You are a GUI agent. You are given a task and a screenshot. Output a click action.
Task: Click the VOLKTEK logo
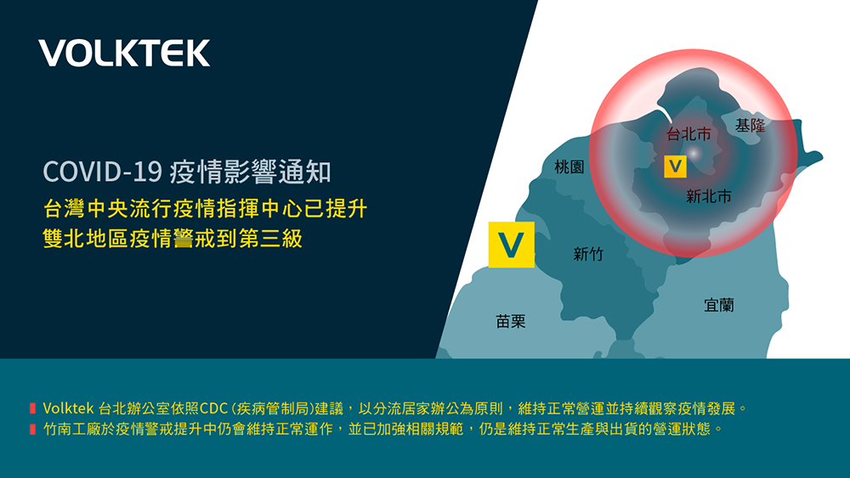pos(124,53)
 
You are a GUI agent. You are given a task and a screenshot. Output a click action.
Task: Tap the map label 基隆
pos(751,126)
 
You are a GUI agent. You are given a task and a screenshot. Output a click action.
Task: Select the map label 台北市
pos(688,133)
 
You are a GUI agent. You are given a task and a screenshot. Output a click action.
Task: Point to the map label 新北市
pos(709,196)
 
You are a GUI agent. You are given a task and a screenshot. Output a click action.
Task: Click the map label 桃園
pos(569,166)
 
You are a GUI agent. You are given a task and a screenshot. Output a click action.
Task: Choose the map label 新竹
pos(588,254)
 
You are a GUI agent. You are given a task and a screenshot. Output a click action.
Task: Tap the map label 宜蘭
pos(719,306)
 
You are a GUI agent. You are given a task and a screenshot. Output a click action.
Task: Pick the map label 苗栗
pos(511,322)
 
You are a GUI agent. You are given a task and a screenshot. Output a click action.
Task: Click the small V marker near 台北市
pos(676,166)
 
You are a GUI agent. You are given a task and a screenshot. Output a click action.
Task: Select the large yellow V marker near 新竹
pos(511,245)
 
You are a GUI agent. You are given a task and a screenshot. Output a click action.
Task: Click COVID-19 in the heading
pos(103,172)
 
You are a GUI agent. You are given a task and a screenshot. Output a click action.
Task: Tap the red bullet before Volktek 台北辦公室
pos(32,408)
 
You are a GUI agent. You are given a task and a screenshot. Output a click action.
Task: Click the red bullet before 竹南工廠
pos(32,430)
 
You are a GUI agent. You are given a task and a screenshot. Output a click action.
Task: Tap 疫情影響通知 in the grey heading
pos(250,172)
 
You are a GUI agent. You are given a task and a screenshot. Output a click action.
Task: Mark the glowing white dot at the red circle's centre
pos(694,154)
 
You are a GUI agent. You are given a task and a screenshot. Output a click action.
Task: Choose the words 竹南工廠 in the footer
pos(71,430)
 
